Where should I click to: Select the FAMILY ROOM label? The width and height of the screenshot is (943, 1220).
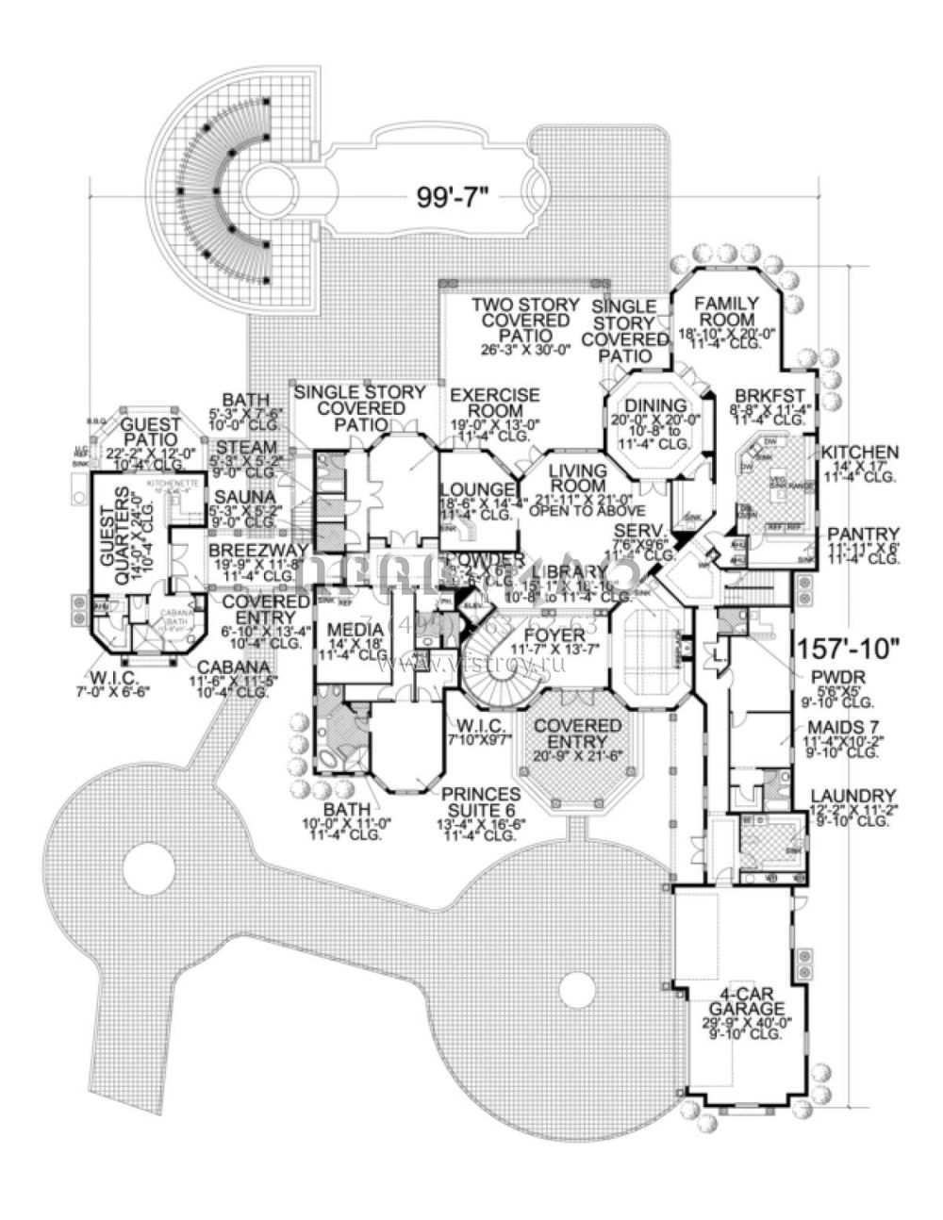pyautogui.click(x=725, y=312)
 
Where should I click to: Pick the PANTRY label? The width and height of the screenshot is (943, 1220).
pyautogui.click(x=860, y=533)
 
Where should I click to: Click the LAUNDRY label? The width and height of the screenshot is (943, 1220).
pyautogui.click(x=858, y=796)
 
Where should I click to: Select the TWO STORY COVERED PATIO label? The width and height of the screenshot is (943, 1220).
pyautogui.click(x=521, y=321)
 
